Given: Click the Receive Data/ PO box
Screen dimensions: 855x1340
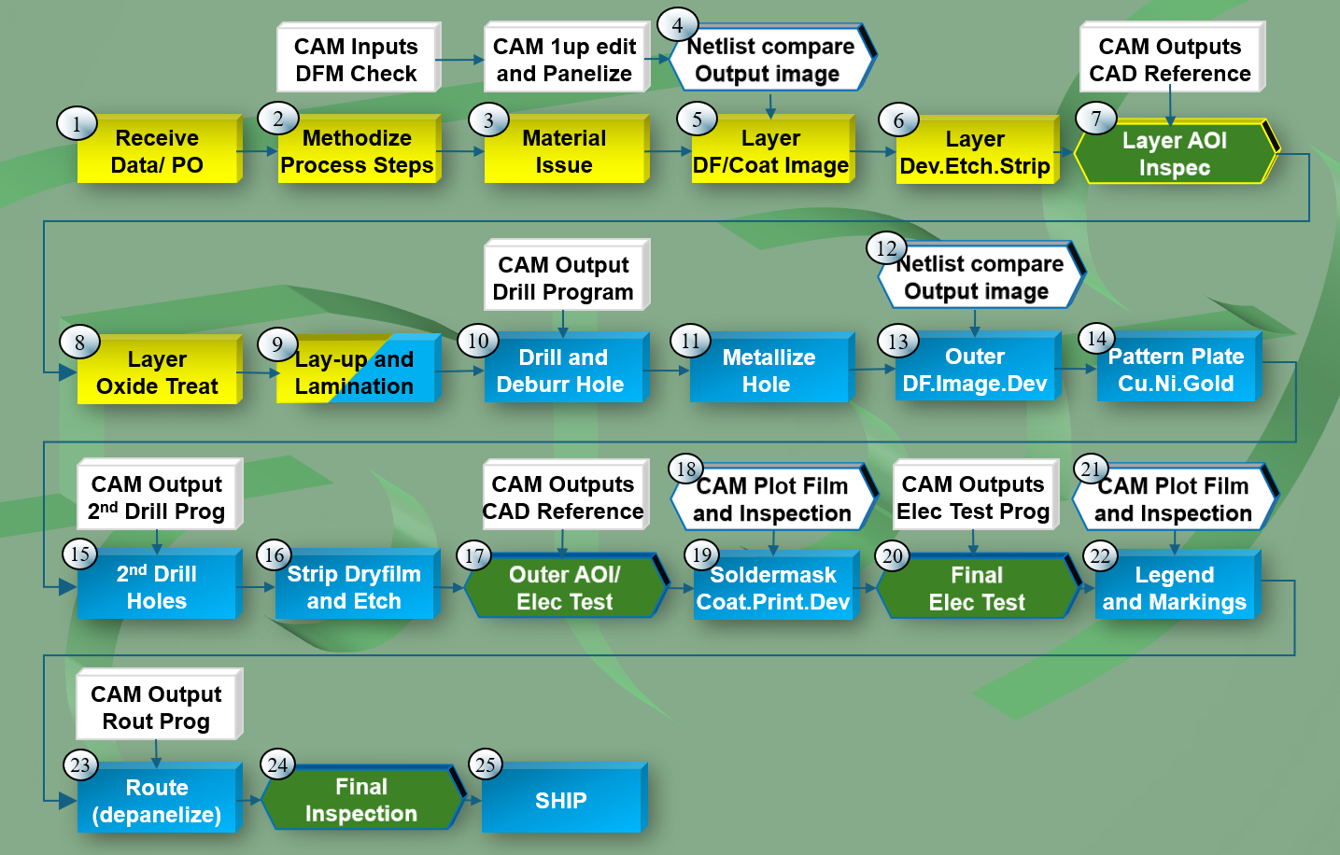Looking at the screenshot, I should [157, 151].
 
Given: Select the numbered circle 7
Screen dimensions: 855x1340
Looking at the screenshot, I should [1096, 119].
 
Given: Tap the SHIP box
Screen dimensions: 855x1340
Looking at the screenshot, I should [561, 801].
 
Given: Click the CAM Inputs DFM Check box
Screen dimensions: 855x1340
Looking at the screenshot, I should [357, 60].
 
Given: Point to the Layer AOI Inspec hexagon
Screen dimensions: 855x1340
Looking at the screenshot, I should [1175, 154].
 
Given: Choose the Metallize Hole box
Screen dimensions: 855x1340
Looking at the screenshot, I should [768, 371].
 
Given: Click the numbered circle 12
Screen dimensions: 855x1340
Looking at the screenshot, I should [886, 248].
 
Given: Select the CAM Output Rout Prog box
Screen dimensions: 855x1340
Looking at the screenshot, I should [157, 707].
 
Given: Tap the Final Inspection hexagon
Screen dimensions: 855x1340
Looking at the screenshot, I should [361, 800].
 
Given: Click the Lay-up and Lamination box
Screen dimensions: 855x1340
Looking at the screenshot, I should [355, 371].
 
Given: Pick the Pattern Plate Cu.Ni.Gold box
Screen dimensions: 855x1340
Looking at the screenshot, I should [1177, 370].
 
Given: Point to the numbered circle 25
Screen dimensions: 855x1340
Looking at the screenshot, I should [486, 765].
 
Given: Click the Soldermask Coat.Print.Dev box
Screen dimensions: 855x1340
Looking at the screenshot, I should [773, 588].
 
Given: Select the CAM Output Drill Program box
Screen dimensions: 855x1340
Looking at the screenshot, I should [563, 277].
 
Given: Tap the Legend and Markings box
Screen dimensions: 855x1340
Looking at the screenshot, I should [1175, 588].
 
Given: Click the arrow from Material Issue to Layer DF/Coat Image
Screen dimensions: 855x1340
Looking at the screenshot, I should [668, 151].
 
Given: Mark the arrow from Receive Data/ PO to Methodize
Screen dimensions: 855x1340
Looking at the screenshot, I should [259, 151].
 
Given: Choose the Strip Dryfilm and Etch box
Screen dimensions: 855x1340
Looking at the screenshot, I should [354, 587].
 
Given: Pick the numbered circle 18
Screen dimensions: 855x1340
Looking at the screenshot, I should [686, 469].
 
